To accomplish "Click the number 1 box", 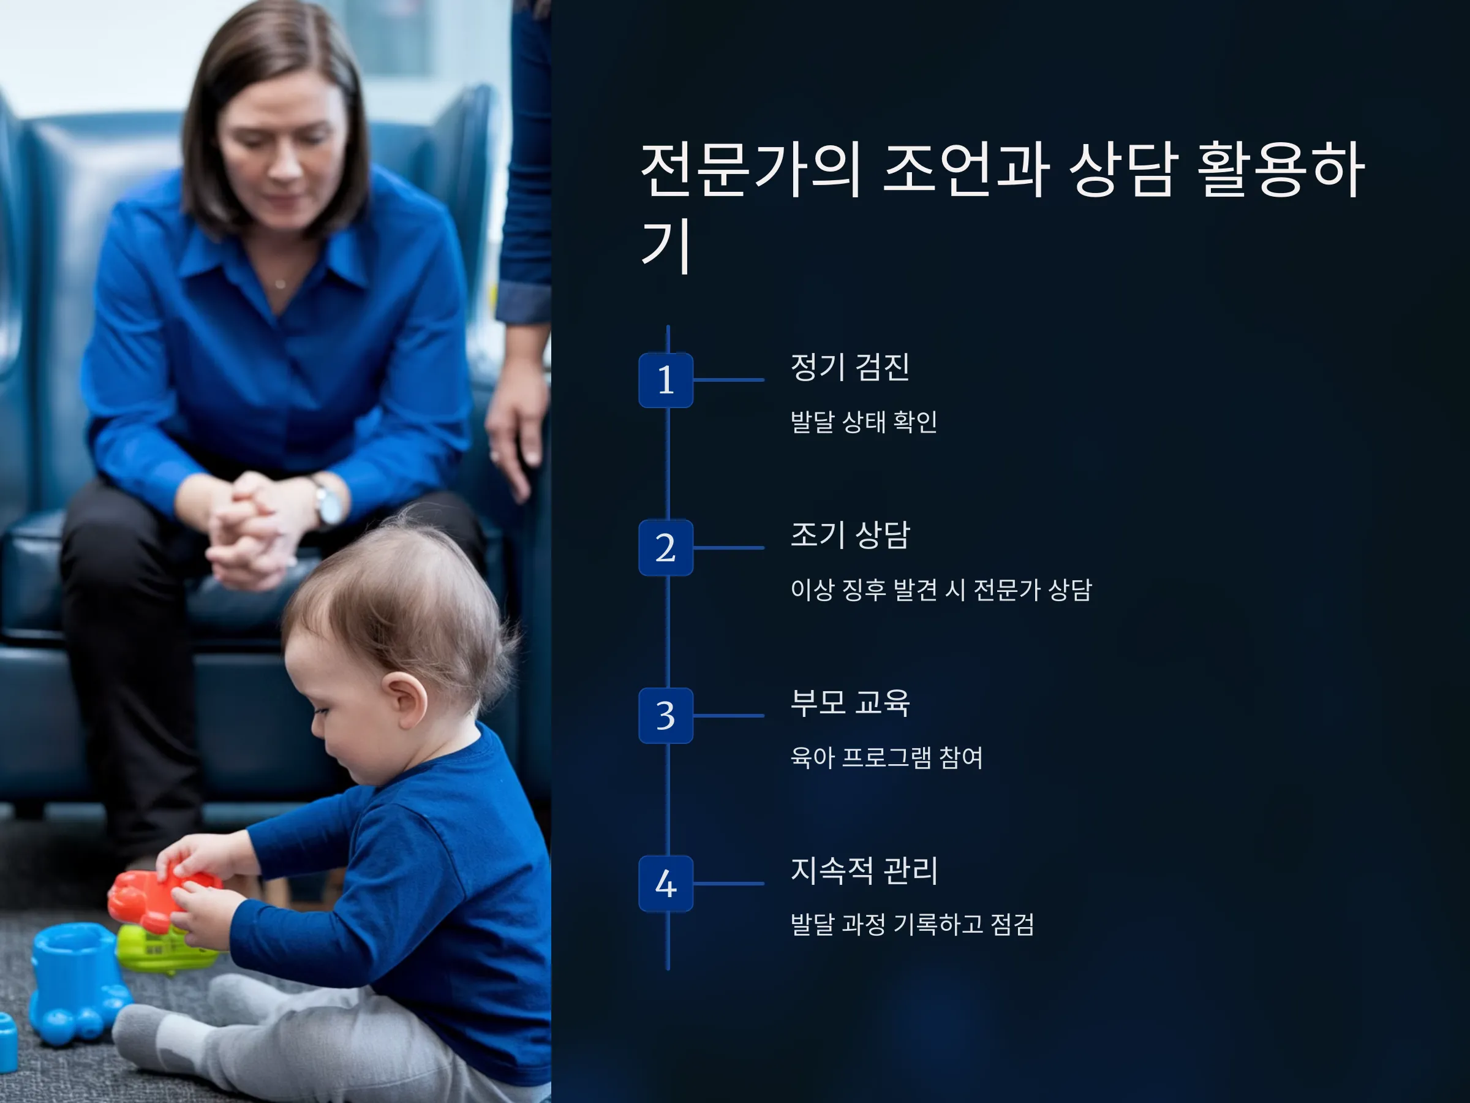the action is point(665,381).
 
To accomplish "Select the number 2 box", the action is point(665,548).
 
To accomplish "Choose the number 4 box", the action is point(665,884).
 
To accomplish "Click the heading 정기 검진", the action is point(850,367).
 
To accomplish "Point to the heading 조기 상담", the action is point(850,534).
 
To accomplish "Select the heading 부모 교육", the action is point(850,703).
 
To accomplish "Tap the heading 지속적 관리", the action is point(864,870).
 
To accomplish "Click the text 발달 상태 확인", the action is point(863,422).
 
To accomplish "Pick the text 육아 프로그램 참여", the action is point(886,757).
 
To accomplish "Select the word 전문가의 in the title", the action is point(752,170).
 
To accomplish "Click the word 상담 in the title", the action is point(1123,170).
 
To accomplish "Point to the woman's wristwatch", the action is point(328,503).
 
